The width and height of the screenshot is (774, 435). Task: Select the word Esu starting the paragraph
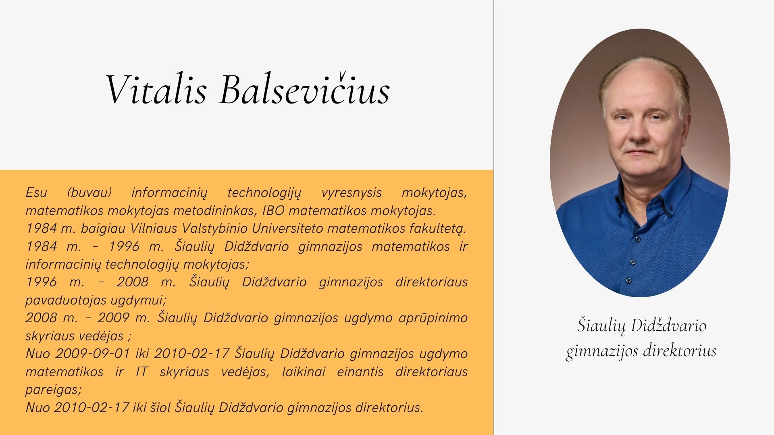(36, 193)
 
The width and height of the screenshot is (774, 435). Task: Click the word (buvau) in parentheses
(89, 193)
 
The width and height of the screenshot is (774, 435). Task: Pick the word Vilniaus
(154, 228)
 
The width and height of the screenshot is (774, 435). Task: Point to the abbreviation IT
(142, 371)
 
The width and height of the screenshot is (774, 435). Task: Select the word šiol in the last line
(160, 407)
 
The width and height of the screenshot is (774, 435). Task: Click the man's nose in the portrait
(636, 134)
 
